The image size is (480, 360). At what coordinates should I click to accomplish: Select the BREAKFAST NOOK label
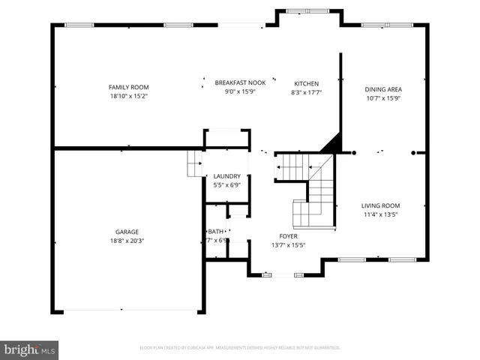click(x=240, y=82)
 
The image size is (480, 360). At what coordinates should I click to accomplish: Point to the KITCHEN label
click(x=306, y=83)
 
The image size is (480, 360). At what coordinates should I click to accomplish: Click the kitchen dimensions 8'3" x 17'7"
click(x=306, y=92)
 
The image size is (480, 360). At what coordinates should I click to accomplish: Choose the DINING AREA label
click(x=383, y=88)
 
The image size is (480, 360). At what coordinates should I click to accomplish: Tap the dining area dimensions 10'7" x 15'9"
click(x=383, y=97)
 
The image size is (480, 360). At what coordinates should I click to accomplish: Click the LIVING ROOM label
click(x=381, y=205)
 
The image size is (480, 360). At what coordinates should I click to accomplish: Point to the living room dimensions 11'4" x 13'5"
click(x=381, y=214)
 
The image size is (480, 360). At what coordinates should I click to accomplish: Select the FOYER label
click(x=288, y=235)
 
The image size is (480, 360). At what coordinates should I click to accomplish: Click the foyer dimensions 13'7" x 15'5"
click(x=288, y=244)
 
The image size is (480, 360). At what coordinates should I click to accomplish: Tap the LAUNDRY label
click(x=227, y=176)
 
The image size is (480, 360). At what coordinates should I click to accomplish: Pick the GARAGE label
click(x=127, y=232)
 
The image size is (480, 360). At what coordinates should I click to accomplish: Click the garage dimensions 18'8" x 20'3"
click(x=127, y=241)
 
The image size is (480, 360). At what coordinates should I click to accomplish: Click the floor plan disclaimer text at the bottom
click(x=240, y=347)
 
